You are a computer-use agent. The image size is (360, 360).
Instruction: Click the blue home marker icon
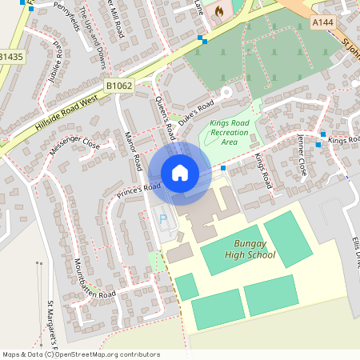180,173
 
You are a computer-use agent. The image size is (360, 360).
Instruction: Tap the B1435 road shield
12,58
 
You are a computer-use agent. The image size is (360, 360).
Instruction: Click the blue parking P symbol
165,218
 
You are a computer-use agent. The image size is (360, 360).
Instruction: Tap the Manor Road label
133,150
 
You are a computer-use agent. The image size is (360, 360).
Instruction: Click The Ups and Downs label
93,48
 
